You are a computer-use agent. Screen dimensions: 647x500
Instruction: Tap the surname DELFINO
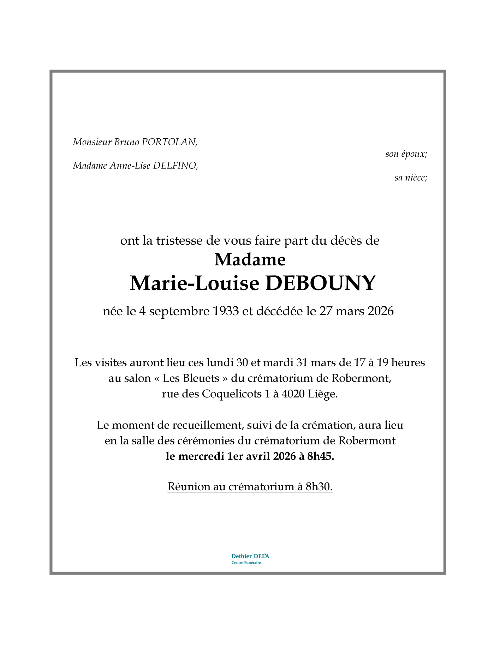(x=175, y=166)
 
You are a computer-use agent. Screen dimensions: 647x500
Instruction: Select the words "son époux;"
(x=406, y=154)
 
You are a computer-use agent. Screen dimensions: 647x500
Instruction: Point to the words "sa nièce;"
(x=411, y=178)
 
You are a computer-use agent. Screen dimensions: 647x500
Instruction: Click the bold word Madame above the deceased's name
(x=250, y=260)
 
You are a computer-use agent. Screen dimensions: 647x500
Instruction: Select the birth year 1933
(x=226, y=311)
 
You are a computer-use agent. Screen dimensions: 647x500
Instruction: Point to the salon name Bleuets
(x=201, y=378)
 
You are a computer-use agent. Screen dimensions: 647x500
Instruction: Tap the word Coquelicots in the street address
(x=232, y=394)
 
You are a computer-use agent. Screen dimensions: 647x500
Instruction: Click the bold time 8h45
(x=321, y=456)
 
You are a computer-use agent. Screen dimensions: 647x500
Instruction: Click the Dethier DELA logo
(x=250, y=559)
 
